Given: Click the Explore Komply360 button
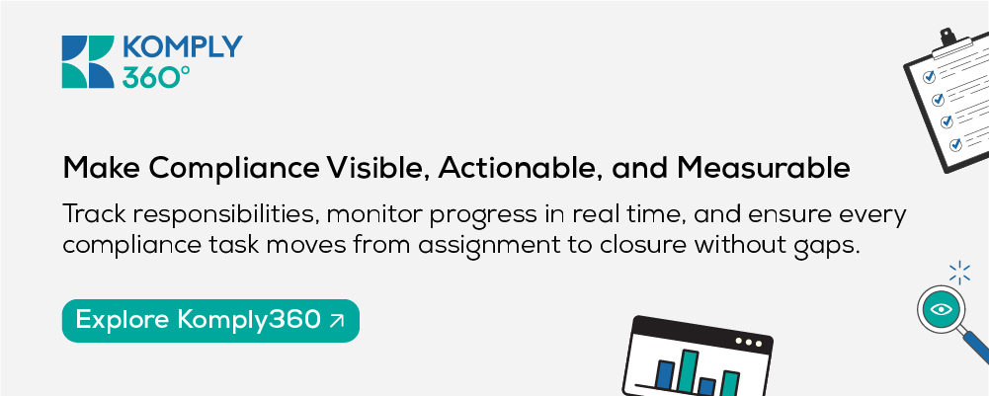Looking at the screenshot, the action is point(210,320).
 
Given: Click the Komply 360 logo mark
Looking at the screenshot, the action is point(88,62).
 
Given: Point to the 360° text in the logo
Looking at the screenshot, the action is point(155,76).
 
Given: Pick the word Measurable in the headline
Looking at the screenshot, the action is point(764,169).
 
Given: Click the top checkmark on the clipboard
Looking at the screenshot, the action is point(929,77).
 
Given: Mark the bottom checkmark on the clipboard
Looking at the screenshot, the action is point(955,144).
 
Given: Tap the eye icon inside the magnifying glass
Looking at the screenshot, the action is point(941,310).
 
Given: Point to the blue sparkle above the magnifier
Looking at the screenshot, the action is point(959,273).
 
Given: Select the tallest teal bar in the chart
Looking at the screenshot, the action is point(690,369).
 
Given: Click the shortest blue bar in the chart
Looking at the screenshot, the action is point(707,386).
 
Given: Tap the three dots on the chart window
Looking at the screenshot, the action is point(748,342).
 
